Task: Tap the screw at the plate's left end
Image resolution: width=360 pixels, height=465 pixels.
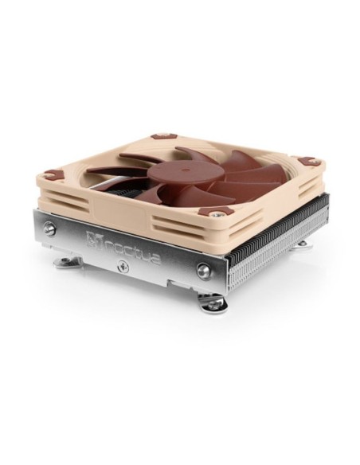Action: coord(50,229)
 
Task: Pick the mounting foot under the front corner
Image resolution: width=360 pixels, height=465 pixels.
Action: coord(213,303)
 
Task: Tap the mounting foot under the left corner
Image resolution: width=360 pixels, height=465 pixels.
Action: coord(66,261)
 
